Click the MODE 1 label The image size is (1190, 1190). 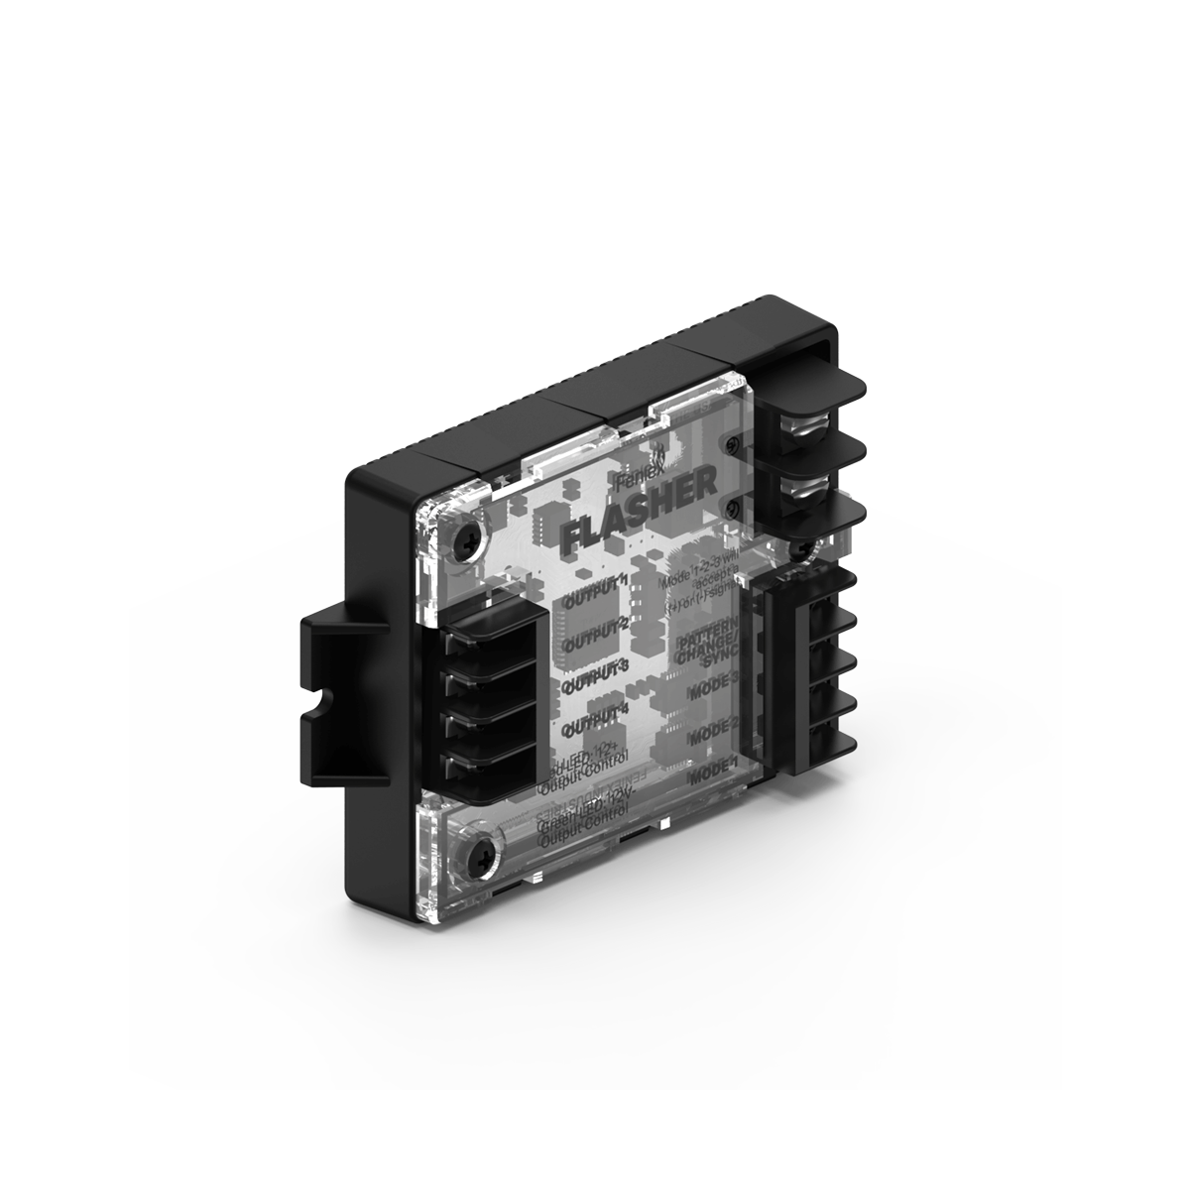coord(711,772)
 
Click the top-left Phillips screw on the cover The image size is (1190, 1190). coord(466,538)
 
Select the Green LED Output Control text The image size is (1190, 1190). coord(580,829)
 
